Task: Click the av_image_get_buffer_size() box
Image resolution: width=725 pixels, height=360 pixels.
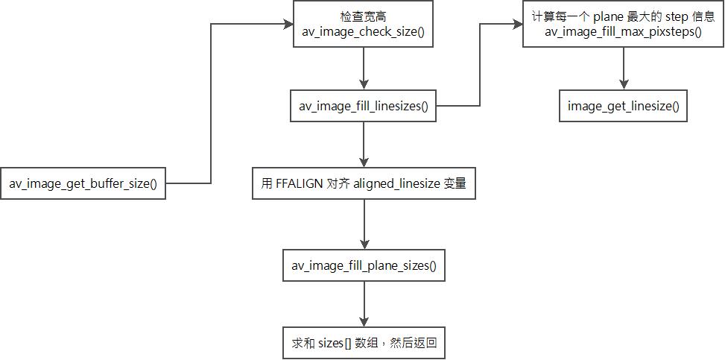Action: [83, 183]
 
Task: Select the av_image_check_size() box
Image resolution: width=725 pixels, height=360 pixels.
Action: [363, 25]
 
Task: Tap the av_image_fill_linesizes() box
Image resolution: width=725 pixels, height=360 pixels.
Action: [363, 106]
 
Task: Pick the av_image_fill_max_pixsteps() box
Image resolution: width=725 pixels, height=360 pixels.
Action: [623, 25]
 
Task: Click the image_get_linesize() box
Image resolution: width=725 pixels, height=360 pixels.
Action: [623, 106]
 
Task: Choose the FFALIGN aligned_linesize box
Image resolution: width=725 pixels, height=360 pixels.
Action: [364, 184]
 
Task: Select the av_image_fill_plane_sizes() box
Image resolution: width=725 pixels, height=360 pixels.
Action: [364, 265]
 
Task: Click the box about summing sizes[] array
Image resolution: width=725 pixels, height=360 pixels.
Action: [364, 344]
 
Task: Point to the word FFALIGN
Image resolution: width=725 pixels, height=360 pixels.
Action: [300, 184]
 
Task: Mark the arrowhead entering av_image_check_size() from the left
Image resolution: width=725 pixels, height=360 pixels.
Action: [289, 25]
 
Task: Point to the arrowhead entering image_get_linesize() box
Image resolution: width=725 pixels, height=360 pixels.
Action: [623, 86]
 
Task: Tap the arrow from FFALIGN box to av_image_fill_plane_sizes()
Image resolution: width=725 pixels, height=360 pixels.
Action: [364, 224]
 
